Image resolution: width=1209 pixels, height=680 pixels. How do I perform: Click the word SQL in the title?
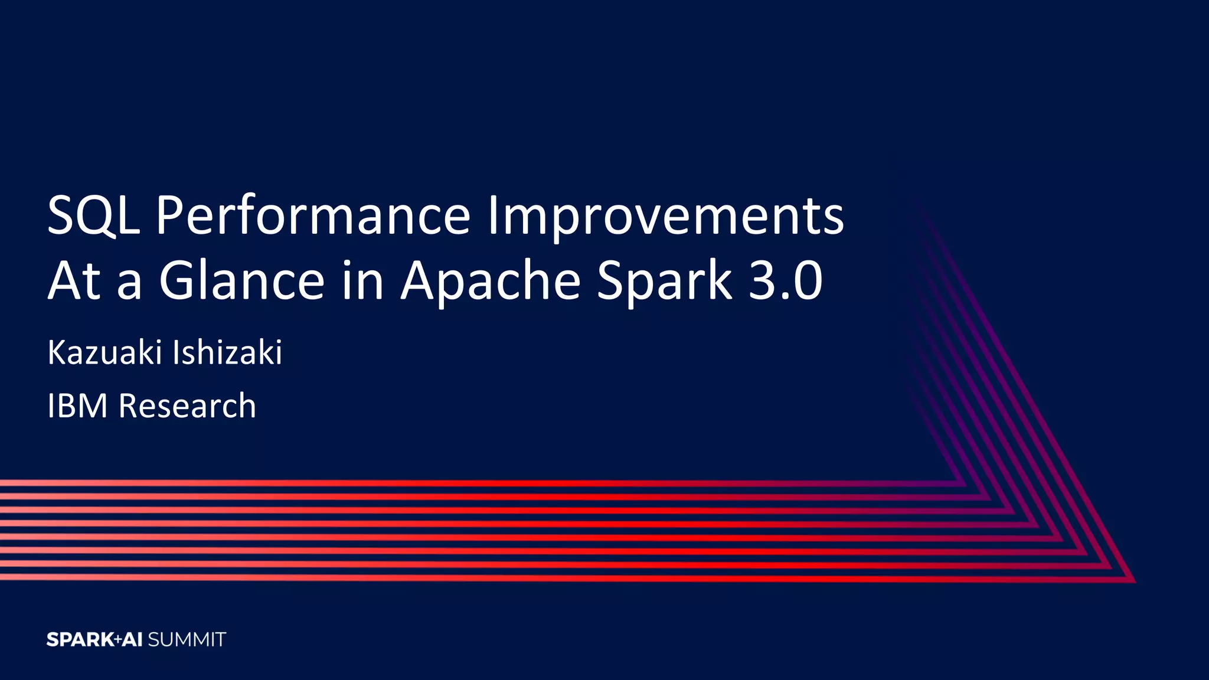(93, 216)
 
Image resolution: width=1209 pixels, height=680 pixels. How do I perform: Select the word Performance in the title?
(313, 216)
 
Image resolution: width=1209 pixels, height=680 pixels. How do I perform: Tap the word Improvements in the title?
(665, 216)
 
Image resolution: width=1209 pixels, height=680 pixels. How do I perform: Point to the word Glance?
(242, 281)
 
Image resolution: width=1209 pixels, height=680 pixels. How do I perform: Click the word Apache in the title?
(491, 281)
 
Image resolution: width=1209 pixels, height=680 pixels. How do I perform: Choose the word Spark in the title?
(664, 281)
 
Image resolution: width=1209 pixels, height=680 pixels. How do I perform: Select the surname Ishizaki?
(227, 352)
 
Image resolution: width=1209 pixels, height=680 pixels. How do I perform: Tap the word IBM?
(77, 406)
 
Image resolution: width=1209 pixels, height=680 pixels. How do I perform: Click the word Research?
(187, 406)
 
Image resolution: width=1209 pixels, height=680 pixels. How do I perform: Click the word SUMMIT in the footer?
(187, 639)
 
